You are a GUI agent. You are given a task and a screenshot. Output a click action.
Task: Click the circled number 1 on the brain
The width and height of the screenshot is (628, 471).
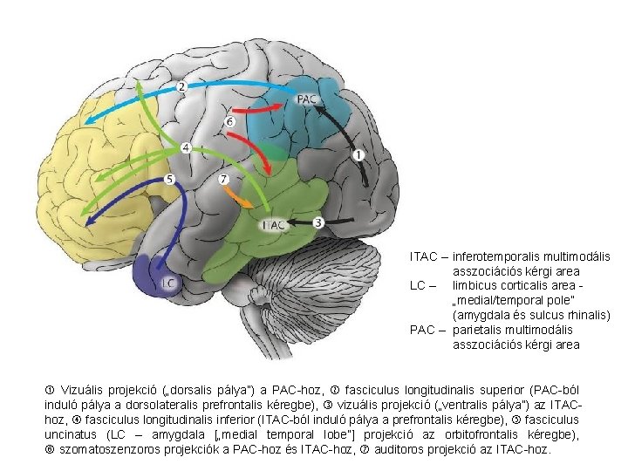click(358, 155)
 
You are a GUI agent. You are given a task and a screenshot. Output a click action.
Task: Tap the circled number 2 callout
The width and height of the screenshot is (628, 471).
click(182, 86)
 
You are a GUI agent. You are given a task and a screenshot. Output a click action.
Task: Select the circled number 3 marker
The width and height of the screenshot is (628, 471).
click(318, 222)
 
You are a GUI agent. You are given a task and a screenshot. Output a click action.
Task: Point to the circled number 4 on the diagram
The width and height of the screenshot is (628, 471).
click(187, 149)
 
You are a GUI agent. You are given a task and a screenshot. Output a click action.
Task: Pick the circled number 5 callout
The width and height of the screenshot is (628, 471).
click(170, 180)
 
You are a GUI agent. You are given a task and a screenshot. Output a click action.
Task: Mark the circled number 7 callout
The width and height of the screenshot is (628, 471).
click(224, 179)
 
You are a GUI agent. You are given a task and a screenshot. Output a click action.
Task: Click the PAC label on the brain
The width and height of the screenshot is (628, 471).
click(308, 99)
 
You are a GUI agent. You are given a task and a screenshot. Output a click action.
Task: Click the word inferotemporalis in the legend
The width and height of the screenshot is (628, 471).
click(494, 256)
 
